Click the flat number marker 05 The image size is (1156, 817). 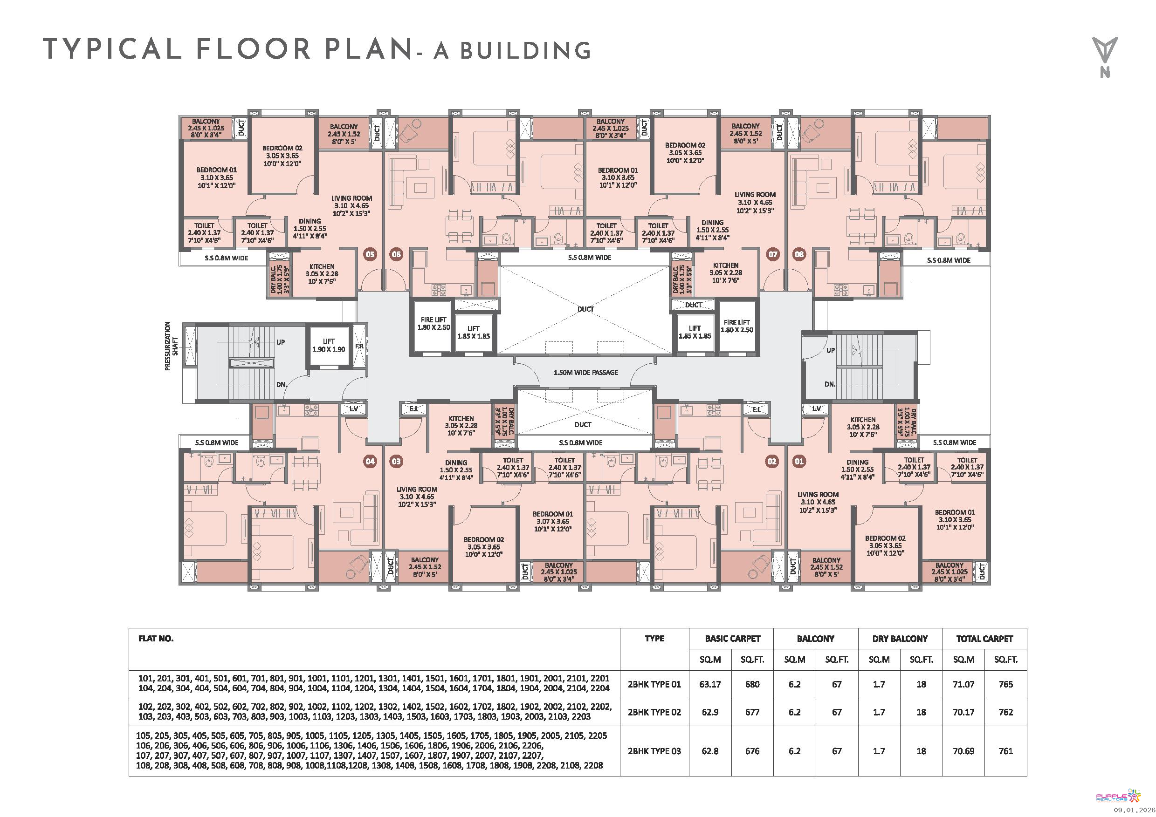pyautogui.click(x=370, y=254)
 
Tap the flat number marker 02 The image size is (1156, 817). pyautogui.click(x=772, y=461)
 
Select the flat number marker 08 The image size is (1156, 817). pyautogui.click(x=799, y=254)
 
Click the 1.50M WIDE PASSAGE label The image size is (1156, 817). pyautogui.click(x=585, y=372)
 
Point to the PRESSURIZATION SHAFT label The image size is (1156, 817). pyautogui.click(x=171, y=346)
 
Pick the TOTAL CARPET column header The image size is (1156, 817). pyautogui.click(x=984, y=639)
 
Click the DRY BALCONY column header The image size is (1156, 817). pyautogui.click(x=900, y=639)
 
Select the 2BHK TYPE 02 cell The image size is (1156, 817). pyautogui.click(x=654, y=712)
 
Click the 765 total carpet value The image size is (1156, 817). pyautogui.click(x=1005, y=684)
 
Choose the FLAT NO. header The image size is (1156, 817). pyautogui.click(x=156, y=639)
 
